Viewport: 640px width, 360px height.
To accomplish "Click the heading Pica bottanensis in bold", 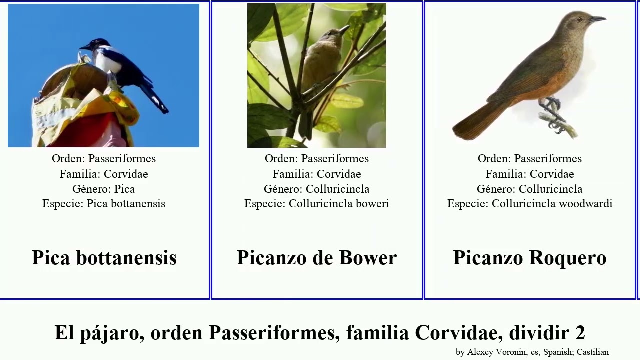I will pyautogui.click(x=104, y=258).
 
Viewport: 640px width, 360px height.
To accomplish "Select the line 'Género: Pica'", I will pyautogui.click(x=104, y=189).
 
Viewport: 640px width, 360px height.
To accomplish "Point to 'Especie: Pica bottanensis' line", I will pyautogui.click(x=104, y=204).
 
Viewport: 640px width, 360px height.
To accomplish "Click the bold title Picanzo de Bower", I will pyautogui.click(x=316, y=258).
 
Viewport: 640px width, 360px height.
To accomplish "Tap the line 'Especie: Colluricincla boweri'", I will pyautogui.click(x=316, y=204).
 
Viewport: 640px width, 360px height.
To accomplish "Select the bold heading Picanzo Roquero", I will pyautogui.click(x=529, y=258).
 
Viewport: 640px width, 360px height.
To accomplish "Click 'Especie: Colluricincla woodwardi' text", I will pyautogui.click(x=529, y=204).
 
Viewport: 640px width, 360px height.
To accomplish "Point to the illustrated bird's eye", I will pyautogui.click(x=579, y=19).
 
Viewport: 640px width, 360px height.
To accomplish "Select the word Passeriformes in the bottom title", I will pyautogui.click(x=270, y=333).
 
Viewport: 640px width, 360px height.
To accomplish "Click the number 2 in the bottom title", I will pyautogui.click(x=580, y=333).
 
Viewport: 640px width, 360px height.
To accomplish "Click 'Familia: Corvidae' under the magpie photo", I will pyautogui.click(x=104, y=174).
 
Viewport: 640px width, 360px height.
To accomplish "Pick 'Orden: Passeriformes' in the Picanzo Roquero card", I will pyautogui.click(x=529, y=159).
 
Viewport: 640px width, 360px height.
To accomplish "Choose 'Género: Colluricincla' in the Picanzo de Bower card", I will pyautogui.click(x=316, y=189).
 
